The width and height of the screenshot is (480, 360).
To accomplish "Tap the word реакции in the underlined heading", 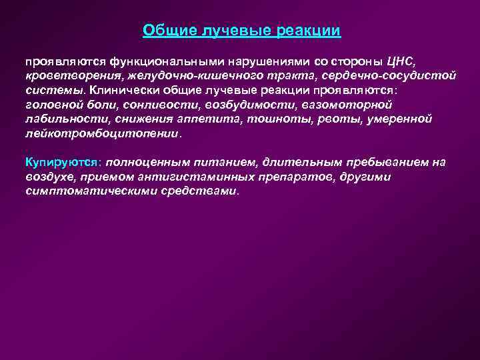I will click(x=311, y=31).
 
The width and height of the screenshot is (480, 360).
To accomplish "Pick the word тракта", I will click(x=290, y=75).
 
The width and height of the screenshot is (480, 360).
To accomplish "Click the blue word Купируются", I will click(x=61, y=163).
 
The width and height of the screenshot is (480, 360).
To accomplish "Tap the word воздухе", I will click(x=48, y=177).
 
